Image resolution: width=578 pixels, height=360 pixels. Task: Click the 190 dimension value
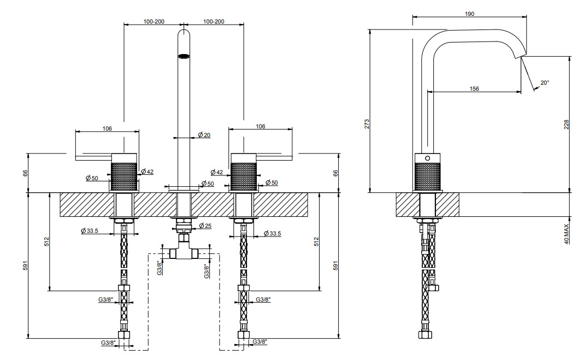click(469, 14)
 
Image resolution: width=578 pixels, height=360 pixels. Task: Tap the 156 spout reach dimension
click(474, 89)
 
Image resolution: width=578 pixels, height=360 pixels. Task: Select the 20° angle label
click(545, 82)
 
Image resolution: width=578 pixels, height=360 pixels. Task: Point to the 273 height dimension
click(367, 124)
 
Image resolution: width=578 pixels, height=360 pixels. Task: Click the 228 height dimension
click(567, 125)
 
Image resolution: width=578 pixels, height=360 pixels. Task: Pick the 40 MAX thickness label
click(567, 232)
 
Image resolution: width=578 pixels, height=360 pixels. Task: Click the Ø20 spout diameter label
click(204, 135)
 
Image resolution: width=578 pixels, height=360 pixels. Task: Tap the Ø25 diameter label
click(205, 226)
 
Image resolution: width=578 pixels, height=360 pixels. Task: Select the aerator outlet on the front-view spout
click(184, 56)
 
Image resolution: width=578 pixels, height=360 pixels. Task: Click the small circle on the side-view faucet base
click(427, 158)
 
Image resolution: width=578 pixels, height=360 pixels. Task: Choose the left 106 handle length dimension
click(107, 128)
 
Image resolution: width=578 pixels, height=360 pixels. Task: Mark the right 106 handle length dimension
click(260, 126)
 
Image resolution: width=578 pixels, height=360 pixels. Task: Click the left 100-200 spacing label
click(154, 22)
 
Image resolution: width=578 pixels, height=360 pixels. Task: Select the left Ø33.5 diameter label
click(89, 231)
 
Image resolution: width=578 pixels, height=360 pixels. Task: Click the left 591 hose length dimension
click(26, 265)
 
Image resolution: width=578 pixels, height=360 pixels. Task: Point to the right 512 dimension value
click(316, 241)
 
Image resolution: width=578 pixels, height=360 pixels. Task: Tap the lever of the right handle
click(274, 158)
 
